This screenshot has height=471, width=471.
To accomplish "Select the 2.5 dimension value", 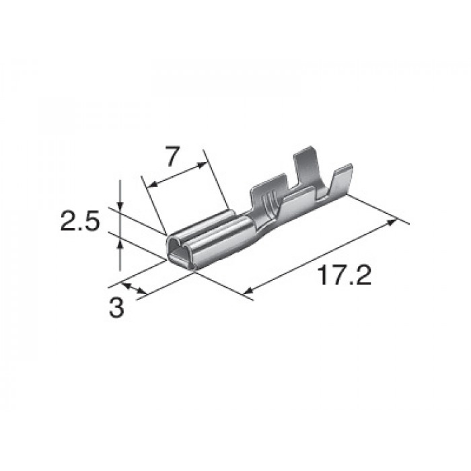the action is (80, 221).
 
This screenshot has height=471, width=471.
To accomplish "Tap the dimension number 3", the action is (116, 308).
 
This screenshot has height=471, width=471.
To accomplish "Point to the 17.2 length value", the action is (345, 275).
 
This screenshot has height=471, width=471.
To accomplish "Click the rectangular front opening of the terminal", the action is (180, 258).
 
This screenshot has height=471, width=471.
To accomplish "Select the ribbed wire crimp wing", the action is (268, 194).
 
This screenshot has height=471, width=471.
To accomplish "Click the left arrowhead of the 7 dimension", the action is (152, 184).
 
